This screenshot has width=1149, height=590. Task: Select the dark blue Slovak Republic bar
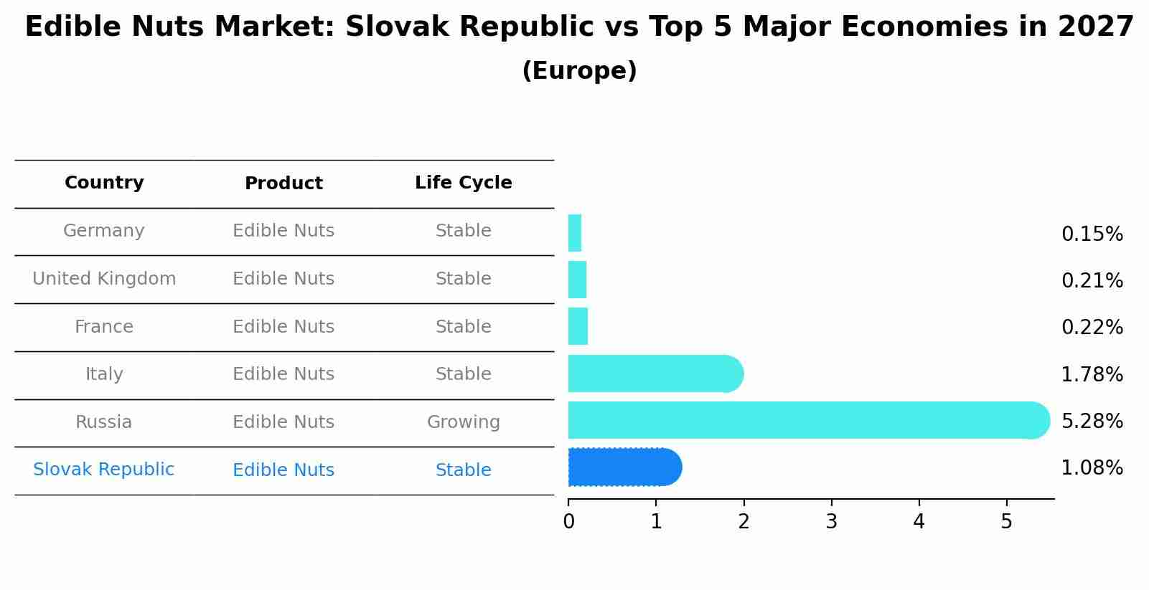click(623, 467)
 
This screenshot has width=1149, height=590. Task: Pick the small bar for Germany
click(575, 233)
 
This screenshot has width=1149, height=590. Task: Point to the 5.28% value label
click(1092, 421)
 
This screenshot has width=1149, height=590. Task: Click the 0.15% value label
click(1092, 234)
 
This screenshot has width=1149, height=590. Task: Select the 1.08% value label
click(1092, 468)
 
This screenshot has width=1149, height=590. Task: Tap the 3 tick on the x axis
click(831, 522)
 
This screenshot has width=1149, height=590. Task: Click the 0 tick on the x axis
click(568, 522)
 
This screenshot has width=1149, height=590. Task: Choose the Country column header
click(104, 183)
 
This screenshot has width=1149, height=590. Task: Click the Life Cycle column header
click(463, 183)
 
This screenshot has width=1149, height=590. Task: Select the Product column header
click(283, 184)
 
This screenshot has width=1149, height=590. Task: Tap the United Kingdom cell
click(104, 279)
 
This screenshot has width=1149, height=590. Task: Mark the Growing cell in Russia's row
click(463, 422)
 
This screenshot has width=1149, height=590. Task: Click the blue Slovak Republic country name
click(103, 470)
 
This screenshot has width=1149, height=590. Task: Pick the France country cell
click(104, 327)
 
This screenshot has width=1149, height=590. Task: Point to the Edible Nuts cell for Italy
click(283, 374)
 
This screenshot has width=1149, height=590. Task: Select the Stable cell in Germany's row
click(463, 231)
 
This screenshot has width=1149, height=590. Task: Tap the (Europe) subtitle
click(579, 71)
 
